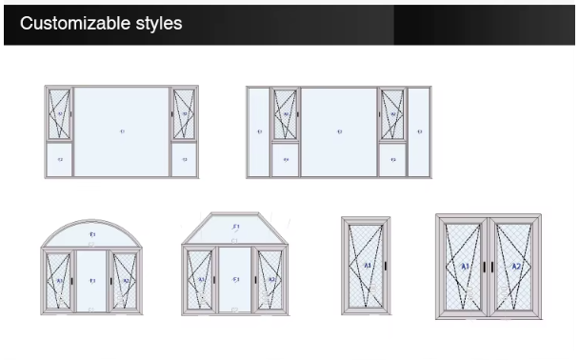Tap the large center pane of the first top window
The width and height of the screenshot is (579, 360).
[122, 130]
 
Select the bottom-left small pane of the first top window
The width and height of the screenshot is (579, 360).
[59, 160]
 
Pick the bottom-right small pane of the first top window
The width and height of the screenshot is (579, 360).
[185, 160]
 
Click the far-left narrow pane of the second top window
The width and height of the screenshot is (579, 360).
[258, 130]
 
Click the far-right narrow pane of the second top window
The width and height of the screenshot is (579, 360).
[419, 130]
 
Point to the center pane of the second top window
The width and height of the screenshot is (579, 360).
[339, 130]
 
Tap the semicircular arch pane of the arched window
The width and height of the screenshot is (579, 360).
[92, 234]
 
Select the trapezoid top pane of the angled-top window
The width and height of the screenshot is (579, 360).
[235, 229]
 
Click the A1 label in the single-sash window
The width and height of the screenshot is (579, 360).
[365, 264]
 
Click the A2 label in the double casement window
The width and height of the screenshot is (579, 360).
[515, 266]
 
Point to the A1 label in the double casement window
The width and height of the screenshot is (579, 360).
[465, 266]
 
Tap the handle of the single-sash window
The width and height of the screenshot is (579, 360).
[386, 264]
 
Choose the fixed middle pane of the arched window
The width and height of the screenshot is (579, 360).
[92, 281]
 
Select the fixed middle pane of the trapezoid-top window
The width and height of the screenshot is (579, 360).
[235, 281]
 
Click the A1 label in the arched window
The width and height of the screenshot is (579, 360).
[59, 281]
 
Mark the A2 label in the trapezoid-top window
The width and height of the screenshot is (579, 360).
[270, 280]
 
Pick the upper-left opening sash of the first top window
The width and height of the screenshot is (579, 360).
[59, 114]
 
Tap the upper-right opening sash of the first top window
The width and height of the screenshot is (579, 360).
[185, 114]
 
